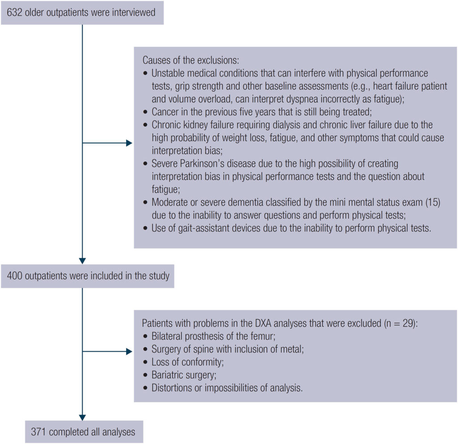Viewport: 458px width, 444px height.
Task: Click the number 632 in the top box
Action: click(x=15, y=13)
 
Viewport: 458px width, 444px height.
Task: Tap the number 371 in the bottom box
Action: click(x=39, y=432)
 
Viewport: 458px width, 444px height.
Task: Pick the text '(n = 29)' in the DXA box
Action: click(x=399, y=323)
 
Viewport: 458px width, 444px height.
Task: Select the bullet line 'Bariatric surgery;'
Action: click(x=184, y=375)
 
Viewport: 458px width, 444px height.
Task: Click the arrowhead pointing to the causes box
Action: click(x=129, y=143)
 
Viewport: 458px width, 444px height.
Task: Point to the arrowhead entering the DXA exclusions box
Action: click(x=129, y=351)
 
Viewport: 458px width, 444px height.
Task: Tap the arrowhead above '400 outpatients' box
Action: click(x=83, y=261)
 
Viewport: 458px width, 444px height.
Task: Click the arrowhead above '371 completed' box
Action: click(x=83, y=416)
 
